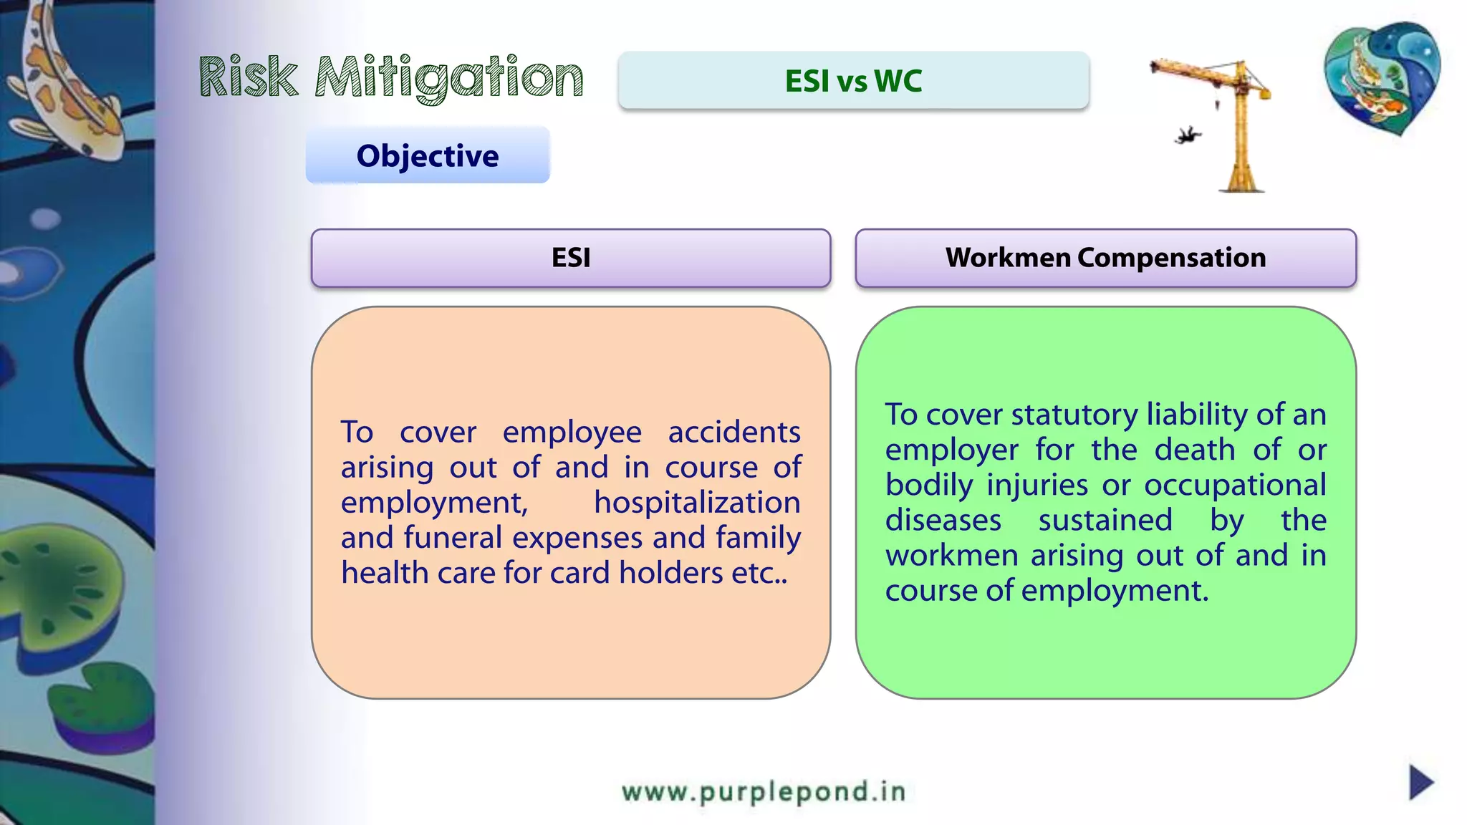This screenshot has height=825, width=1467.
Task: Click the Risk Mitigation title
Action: coord(391,77)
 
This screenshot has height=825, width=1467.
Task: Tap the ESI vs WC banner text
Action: coord(853,81)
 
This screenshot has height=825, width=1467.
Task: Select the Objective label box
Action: coord(428,155)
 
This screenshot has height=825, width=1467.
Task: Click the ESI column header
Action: coord(571,258)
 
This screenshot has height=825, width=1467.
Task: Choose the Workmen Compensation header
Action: coord(1105,258)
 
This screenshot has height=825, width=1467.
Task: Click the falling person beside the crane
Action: coord(1188,135)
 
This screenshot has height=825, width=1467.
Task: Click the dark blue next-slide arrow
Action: coord(1420,782)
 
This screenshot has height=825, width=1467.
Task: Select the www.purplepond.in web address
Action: coord(764,791)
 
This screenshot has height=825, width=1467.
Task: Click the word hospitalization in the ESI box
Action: coord(697,503)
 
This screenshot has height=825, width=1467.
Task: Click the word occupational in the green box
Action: coord(1235,486)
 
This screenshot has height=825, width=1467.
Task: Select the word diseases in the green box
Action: coord(943,521)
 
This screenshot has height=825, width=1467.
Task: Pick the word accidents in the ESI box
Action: coord(734,433)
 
